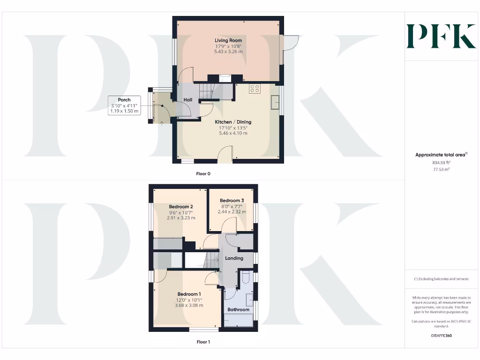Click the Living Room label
(228, 41)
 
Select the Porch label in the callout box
(124, 100)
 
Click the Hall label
(187, 100)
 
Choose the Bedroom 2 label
(181, 207)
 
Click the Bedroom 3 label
(232, 201)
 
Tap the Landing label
(234, 258)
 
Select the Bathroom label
(238, 310)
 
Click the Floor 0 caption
(203, 173)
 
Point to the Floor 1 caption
(203, 342)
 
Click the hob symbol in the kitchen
(255, 89)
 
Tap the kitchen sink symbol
(275, 102)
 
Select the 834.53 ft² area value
(441, 163)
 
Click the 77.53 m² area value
(441, 169)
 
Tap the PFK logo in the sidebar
(441, 36)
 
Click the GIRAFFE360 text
(441, 336)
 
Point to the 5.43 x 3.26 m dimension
(228, 52)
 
